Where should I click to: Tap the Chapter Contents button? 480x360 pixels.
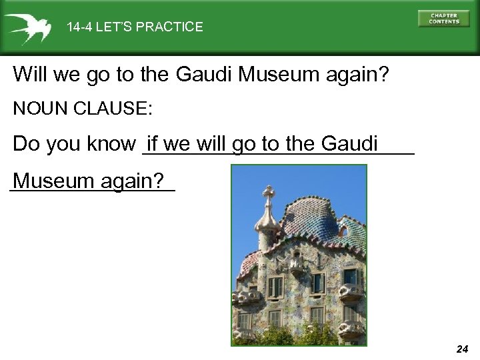443,19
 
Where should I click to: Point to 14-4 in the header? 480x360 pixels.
79,27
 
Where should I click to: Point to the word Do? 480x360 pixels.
26,144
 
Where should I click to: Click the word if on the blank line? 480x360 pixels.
152,143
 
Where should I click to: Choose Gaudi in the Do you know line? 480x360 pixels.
349,143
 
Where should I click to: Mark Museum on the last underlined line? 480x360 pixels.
54,181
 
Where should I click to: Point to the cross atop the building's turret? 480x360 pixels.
269,194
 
